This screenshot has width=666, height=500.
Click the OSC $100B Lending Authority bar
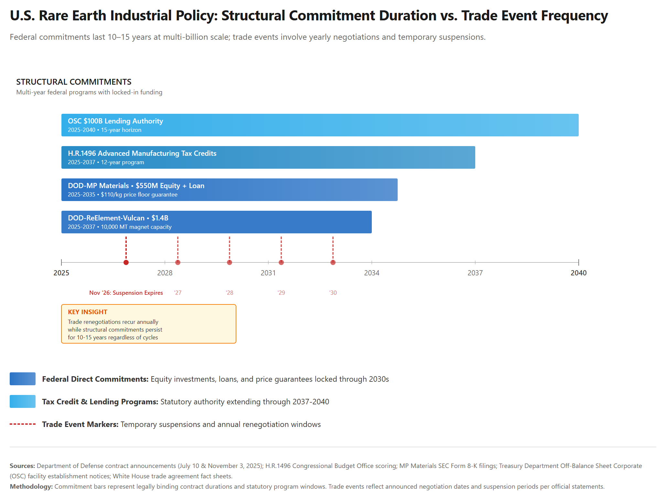click(x=320, y=125)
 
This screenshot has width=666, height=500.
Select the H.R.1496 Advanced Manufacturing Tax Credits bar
click(x=268, y=157)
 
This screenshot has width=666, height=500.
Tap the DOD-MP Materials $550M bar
click(x=229, y=190)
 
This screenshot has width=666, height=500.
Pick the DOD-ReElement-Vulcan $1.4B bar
click(x=216, y=222)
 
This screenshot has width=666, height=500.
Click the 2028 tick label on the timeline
click(x=165, y=273)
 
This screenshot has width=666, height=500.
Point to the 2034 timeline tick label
click(x=372, y=273)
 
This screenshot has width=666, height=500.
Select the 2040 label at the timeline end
click(x=578, y=273)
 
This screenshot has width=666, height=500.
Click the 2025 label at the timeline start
click(x=61, y=273)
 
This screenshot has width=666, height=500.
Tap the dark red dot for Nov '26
click(x=126, y=262)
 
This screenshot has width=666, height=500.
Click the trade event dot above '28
click(x=230, y=262)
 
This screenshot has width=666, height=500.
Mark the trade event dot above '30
click(x=333, y=262)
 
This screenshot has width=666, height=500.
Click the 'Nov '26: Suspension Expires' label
click(x=126, y=293)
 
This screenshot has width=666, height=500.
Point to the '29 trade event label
click(x=281, y=293)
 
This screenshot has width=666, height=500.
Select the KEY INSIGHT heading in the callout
click(x=88, y=312)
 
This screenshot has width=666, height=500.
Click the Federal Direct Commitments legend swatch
click(x=23, y=379)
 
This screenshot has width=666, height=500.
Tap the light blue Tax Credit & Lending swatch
click(x=23, y=401)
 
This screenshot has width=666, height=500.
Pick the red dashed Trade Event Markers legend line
click(x=23, y=424)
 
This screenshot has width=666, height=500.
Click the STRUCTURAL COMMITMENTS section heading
click(x=74, y=82)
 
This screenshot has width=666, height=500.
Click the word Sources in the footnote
click(x=22, y=466)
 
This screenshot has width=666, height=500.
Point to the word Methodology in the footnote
click(x=31, y=486)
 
